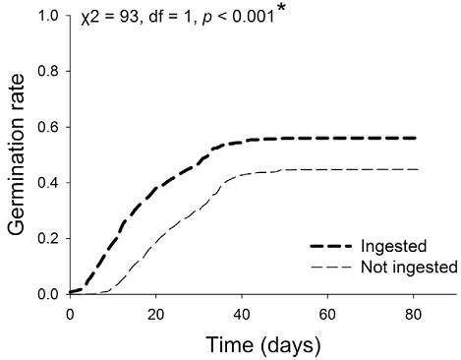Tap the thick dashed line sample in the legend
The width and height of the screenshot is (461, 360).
point(330,246)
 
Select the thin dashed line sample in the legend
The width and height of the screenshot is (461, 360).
point(330,267)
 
